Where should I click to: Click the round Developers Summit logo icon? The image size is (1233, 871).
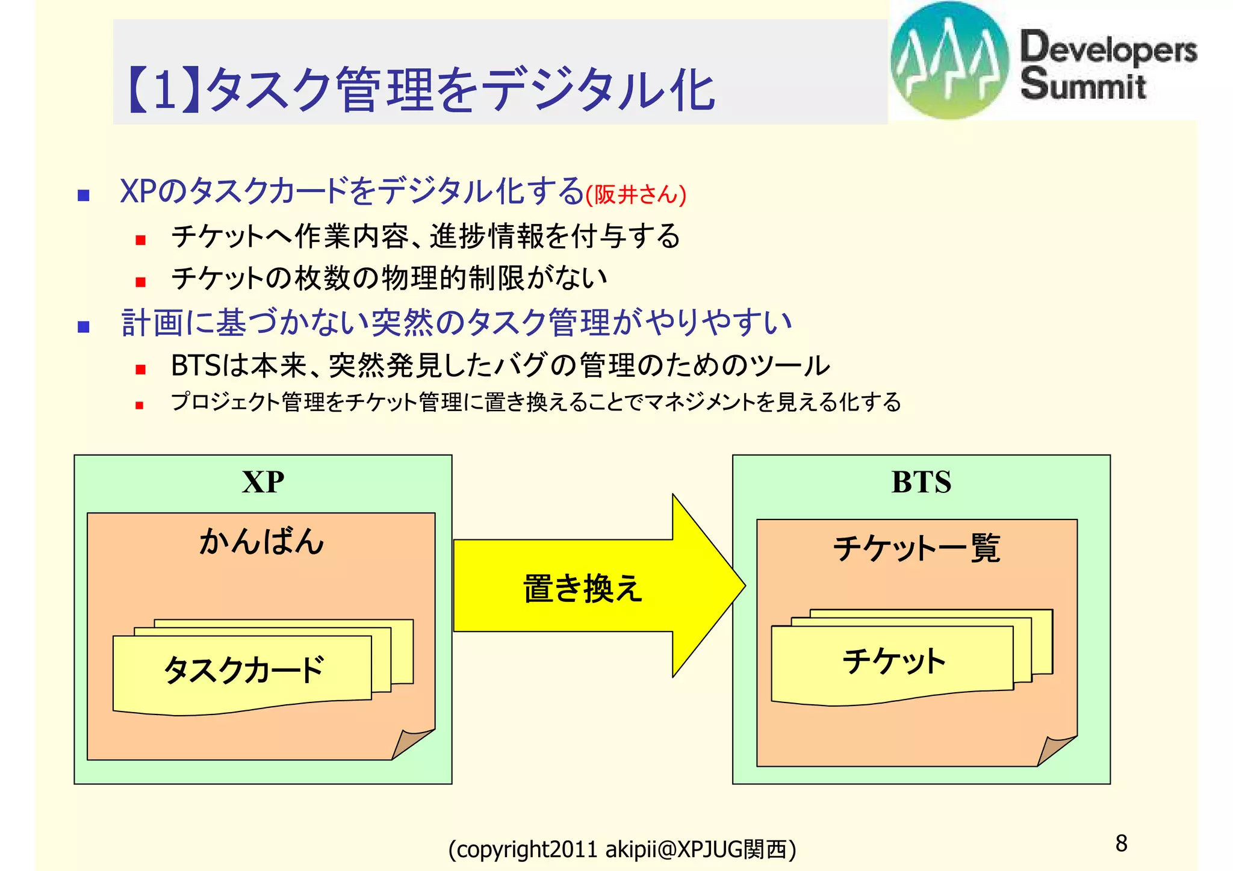(949, 60)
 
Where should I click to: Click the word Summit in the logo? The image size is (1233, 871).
(1082, 84)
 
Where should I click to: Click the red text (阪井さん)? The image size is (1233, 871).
(636, 194)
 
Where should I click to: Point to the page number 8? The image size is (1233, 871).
(1121, 843)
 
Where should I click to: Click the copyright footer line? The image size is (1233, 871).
(622, 849)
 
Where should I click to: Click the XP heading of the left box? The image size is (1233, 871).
(263, 482)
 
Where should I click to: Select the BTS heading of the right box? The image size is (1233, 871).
(921, 482)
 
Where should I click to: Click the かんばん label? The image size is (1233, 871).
(262, 541)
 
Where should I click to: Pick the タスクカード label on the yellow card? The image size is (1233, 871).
(244, 669)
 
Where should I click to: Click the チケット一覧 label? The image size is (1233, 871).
(916, 548)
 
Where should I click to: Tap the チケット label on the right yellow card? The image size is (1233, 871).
(893, 661)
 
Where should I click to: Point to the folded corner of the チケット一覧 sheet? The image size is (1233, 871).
(1055, 750)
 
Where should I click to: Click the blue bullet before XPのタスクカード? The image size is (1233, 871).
(84, 195)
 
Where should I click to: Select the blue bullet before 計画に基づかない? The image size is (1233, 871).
(84, 327)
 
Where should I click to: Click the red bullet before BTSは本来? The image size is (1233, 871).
(141, 370)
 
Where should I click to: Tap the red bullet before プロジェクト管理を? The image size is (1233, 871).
(140, 406)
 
